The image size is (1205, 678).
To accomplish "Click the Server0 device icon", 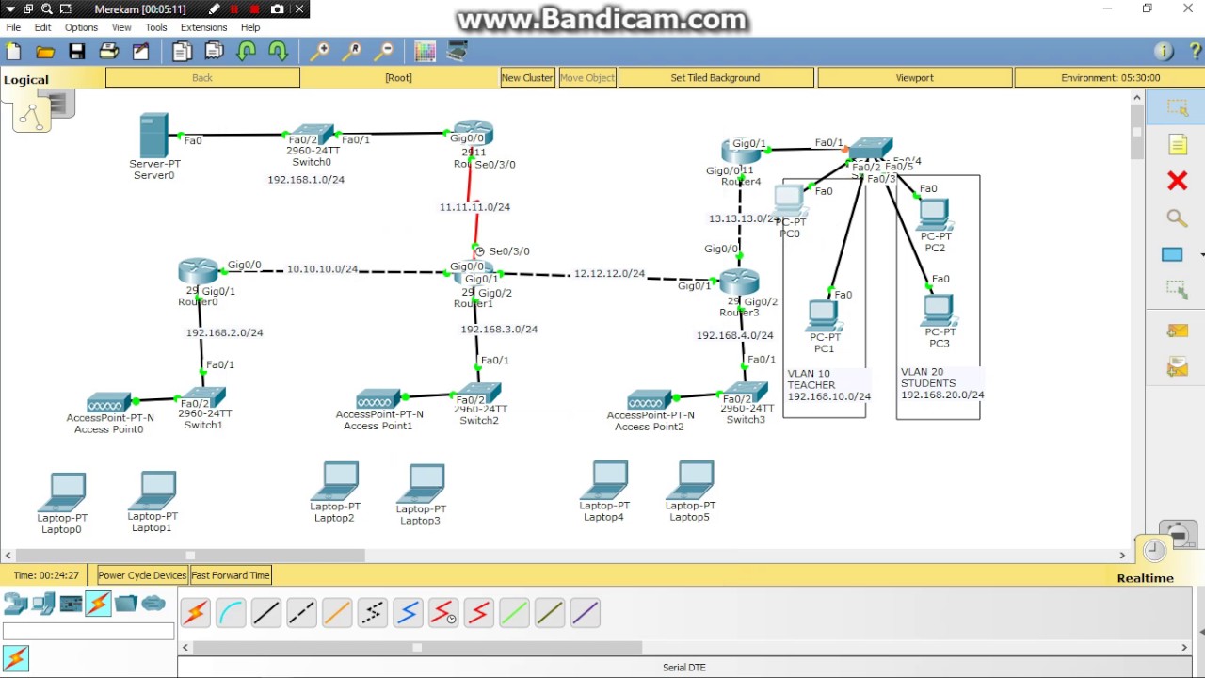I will tap(153, 136).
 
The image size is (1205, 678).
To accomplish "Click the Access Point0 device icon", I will tap(108, 403).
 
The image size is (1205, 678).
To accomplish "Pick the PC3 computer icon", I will tap(939, 309).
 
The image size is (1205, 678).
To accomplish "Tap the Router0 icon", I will tap(198, 272).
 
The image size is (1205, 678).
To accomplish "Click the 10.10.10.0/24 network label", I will tap(322, 269).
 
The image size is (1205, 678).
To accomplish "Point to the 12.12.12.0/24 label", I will tap(609, 274).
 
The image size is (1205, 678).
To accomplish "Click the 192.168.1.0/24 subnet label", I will tap(306, 180).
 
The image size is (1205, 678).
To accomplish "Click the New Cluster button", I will tap(527, 78).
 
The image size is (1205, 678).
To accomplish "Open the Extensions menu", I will tap(203, 27).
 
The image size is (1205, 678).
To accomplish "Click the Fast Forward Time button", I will tap(231, 575).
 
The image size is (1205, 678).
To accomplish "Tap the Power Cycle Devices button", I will tap(142, 575).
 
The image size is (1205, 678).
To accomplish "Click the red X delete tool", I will tap(1177, 181).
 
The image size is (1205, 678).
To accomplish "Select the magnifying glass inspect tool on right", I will tap(1177, 218).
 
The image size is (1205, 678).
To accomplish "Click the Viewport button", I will tap(914, 78).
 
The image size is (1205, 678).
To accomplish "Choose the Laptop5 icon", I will tap(691, 480).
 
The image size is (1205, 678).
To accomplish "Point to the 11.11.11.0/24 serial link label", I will tap(474, 207).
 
